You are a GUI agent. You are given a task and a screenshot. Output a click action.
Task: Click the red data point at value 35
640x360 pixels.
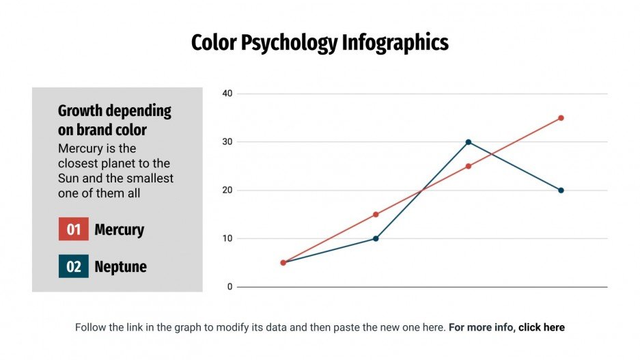561,117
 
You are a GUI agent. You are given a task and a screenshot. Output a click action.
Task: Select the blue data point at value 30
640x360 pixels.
469,142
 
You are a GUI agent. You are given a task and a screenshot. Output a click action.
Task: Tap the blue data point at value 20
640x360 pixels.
561,191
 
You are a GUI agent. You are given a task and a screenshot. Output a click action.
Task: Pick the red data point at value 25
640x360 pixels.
469,166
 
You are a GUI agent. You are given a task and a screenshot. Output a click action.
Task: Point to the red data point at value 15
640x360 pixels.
376,214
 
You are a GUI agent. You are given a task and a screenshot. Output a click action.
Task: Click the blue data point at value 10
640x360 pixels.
376,238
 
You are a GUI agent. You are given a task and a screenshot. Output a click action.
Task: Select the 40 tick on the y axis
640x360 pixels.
227,94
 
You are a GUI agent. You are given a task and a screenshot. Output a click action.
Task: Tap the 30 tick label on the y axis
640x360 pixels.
227,142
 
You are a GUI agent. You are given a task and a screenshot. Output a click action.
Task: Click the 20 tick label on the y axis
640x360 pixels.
227,191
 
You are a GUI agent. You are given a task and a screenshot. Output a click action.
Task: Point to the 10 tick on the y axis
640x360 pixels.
227,239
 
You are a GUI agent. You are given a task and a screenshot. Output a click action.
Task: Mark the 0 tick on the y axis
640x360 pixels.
230,287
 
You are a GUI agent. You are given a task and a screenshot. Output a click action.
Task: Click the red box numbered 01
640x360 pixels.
74,230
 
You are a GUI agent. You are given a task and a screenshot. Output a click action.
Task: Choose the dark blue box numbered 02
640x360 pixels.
74,266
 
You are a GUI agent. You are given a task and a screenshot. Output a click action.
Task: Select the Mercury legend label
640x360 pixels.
119,230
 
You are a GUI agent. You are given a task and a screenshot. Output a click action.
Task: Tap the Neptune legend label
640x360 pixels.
120,266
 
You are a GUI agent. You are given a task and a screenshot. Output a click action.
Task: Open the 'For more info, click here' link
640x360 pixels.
506,327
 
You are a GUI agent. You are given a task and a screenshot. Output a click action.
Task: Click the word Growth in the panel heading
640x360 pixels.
81,111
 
